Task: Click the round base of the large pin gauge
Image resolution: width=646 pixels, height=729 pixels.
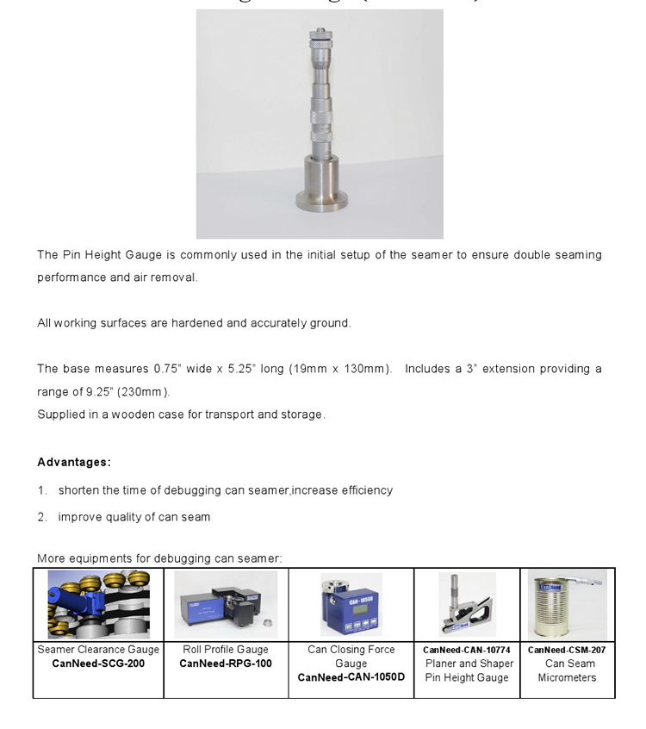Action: tap(320, 199)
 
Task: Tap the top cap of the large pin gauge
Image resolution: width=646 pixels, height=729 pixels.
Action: tap(320, 34)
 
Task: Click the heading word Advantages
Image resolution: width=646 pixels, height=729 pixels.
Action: tap(73, 462)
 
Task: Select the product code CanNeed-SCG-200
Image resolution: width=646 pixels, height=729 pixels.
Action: tap(98, 664)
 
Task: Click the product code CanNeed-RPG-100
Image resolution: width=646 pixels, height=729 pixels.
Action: tap(226, 664)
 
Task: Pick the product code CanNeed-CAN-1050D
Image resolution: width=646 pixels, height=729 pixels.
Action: tap(351, 677)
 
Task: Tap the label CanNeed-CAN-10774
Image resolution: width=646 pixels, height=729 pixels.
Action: tap(467, 650)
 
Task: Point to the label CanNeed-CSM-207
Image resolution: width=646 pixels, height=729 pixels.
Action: tap(567, 650)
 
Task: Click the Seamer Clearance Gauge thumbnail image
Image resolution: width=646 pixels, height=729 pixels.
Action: tap(98, 604)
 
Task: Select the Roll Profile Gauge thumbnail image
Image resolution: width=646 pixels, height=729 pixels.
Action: tap(226, 604)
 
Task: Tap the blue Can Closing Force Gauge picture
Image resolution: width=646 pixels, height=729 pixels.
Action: tap(351, 604)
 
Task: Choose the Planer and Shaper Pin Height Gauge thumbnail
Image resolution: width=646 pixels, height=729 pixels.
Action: tap(467, 604)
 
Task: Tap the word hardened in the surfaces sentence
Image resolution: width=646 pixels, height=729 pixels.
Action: tap(197, 323)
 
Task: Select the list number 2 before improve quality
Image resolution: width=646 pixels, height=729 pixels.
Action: tap(41, 517)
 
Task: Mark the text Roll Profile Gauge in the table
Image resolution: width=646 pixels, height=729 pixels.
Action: tap(226, 650)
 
